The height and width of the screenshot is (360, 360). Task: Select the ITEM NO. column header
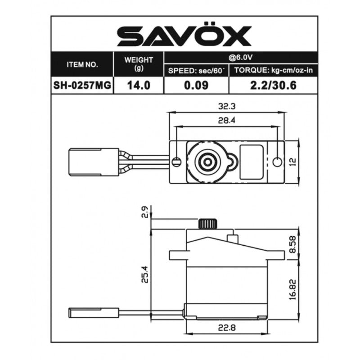tap(82, 65)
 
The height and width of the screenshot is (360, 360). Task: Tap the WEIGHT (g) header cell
tap(139, 64)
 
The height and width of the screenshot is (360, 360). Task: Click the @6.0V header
tap(240, 57)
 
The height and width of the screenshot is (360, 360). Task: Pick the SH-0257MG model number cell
tap(82, 85)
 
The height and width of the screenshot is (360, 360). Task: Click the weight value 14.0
tap(139, 85)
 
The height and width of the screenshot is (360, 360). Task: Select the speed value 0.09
tap(196, 85)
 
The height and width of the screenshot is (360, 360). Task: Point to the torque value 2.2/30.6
tap(273, 85)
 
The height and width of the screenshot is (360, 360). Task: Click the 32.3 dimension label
tap(227, 106)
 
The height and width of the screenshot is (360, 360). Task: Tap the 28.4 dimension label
tap(227, 120)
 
